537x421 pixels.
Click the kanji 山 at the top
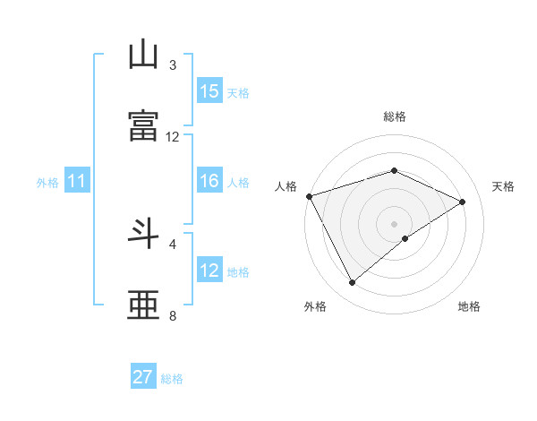[x=144, y=56]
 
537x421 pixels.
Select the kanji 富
[x=144, y=126]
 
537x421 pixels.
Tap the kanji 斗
[x=144, y=236]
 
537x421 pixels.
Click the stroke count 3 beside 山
[x=173, y=65]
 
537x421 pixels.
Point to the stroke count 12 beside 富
[x=173, y=137]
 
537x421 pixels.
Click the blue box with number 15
[x=209, y=91]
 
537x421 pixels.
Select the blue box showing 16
[x=209, y=182]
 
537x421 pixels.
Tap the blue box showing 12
[x=209, y=271]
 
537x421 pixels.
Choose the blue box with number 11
[x=77, y=182]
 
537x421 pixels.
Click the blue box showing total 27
[x=143, y=377]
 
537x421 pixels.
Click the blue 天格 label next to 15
[x=238, y=92]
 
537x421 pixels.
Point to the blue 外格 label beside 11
[x=47, y=183]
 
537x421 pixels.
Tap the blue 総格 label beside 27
[x=172, y=379]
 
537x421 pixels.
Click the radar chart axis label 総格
[x=395, y=116]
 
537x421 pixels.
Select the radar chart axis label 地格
[x=469, y=306]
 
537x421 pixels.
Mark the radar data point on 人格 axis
[x=309, y=196]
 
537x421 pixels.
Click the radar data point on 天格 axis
[x=463, y=202]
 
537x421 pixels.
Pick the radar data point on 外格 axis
[x=353, y=283]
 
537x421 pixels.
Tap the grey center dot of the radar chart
[x=395, y=223]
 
